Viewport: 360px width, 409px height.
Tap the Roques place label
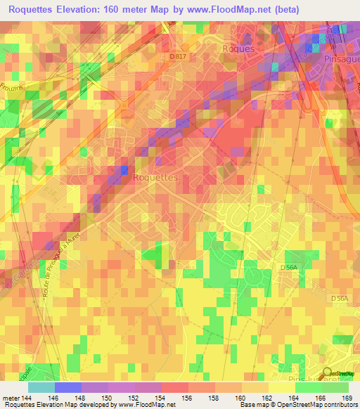[236, 48]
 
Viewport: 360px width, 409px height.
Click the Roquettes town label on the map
[155, 178]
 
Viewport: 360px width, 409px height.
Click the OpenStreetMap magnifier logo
[328, 374]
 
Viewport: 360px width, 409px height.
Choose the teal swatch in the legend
[41, 387]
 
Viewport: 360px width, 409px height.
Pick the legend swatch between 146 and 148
[67, 387]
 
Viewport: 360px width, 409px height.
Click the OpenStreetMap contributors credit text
[314, 405]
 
